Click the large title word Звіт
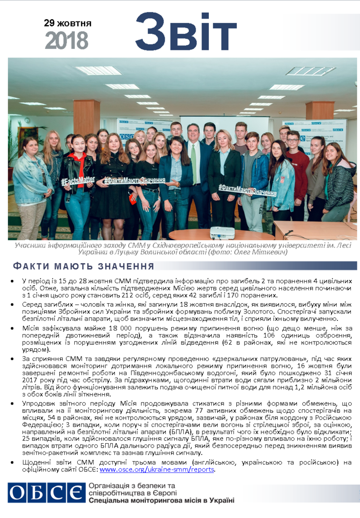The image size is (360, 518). pos(186,32)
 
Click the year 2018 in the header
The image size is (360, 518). pos(67,40)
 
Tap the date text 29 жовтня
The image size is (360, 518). pos(67,23)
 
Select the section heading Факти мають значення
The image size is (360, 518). pos(83,267)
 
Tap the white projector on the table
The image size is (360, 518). pos(222,232)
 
